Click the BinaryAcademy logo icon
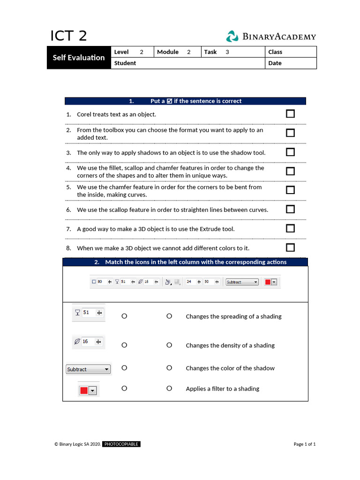(232, 37)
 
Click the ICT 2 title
(68, 36)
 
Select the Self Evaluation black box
(79, 58)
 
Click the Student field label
(125, 63)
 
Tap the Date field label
(275, 63)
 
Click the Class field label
(275, 52)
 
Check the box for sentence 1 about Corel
(290, 114)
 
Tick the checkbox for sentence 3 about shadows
(290, 152)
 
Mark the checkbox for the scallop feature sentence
(290, 209)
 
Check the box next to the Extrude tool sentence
(290, 229)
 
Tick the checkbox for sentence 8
(290, 247)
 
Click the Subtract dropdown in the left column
(88, 369)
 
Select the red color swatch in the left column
(84, 390)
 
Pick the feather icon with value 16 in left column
(88, 342)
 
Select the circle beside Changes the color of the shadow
(169, 368)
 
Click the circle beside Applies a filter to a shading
(169, 388)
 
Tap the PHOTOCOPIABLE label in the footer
(121, 444)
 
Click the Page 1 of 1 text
(304, 444)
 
